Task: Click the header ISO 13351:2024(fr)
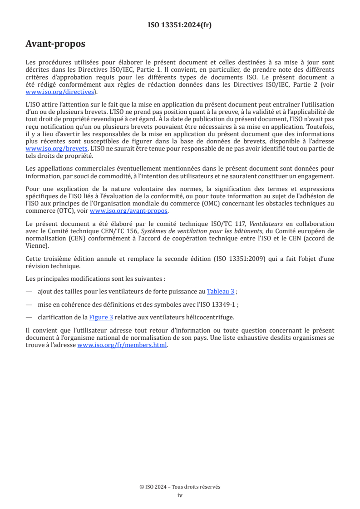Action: point(180,25)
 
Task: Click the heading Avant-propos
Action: point(55,44)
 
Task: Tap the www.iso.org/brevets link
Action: point(56,148)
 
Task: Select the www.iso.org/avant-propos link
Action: point(128,210)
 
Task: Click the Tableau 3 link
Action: point(221,292)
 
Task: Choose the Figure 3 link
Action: point(100,317)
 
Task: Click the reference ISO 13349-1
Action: point(226,304)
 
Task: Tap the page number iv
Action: point(180,495)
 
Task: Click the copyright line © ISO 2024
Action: point(180,487)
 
